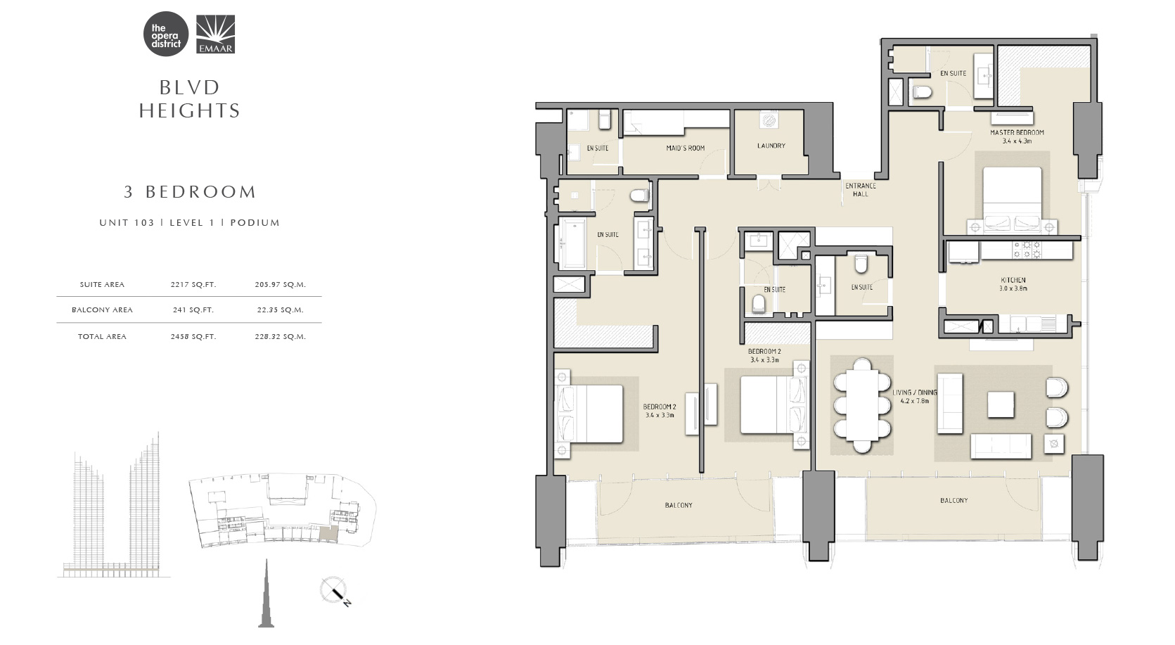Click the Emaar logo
pos(216,34)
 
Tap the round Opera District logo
pos(166,34)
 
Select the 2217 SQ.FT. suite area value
pos(193,284)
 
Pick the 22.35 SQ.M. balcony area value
pos(280,309)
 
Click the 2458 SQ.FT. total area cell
pos(193,336)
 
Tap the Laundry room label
pos(771,146)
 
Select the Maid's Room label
pos(686,148)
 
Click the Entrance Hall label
pos(860,189)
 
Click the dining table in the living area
pos(862,405)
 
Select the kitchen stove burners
pos(1027,250)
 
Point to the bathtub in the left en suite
pos(572,244)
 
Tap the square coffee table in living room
pos(1001,404)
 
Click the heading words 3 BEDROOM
pos(190,192)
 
